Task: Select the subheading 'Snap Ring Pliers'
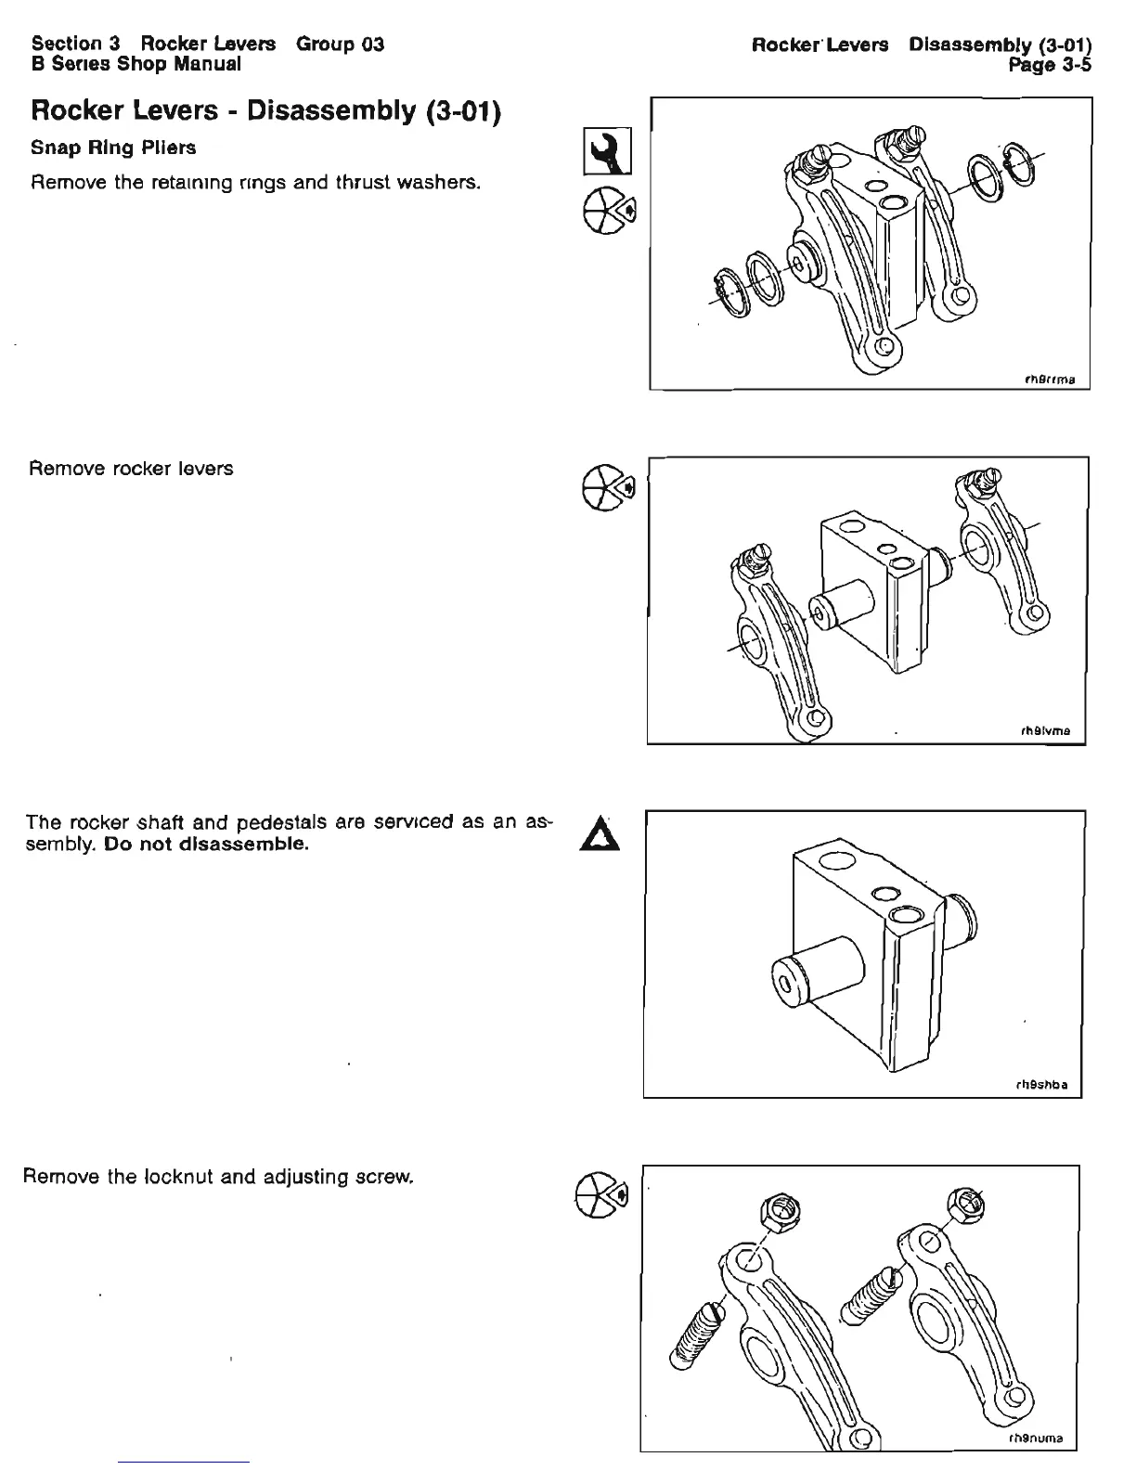tap(113, 148)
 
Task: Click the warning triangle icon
tap(604, 829)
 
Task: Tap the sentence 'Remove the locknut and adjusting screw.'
tap(217, 1178)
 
